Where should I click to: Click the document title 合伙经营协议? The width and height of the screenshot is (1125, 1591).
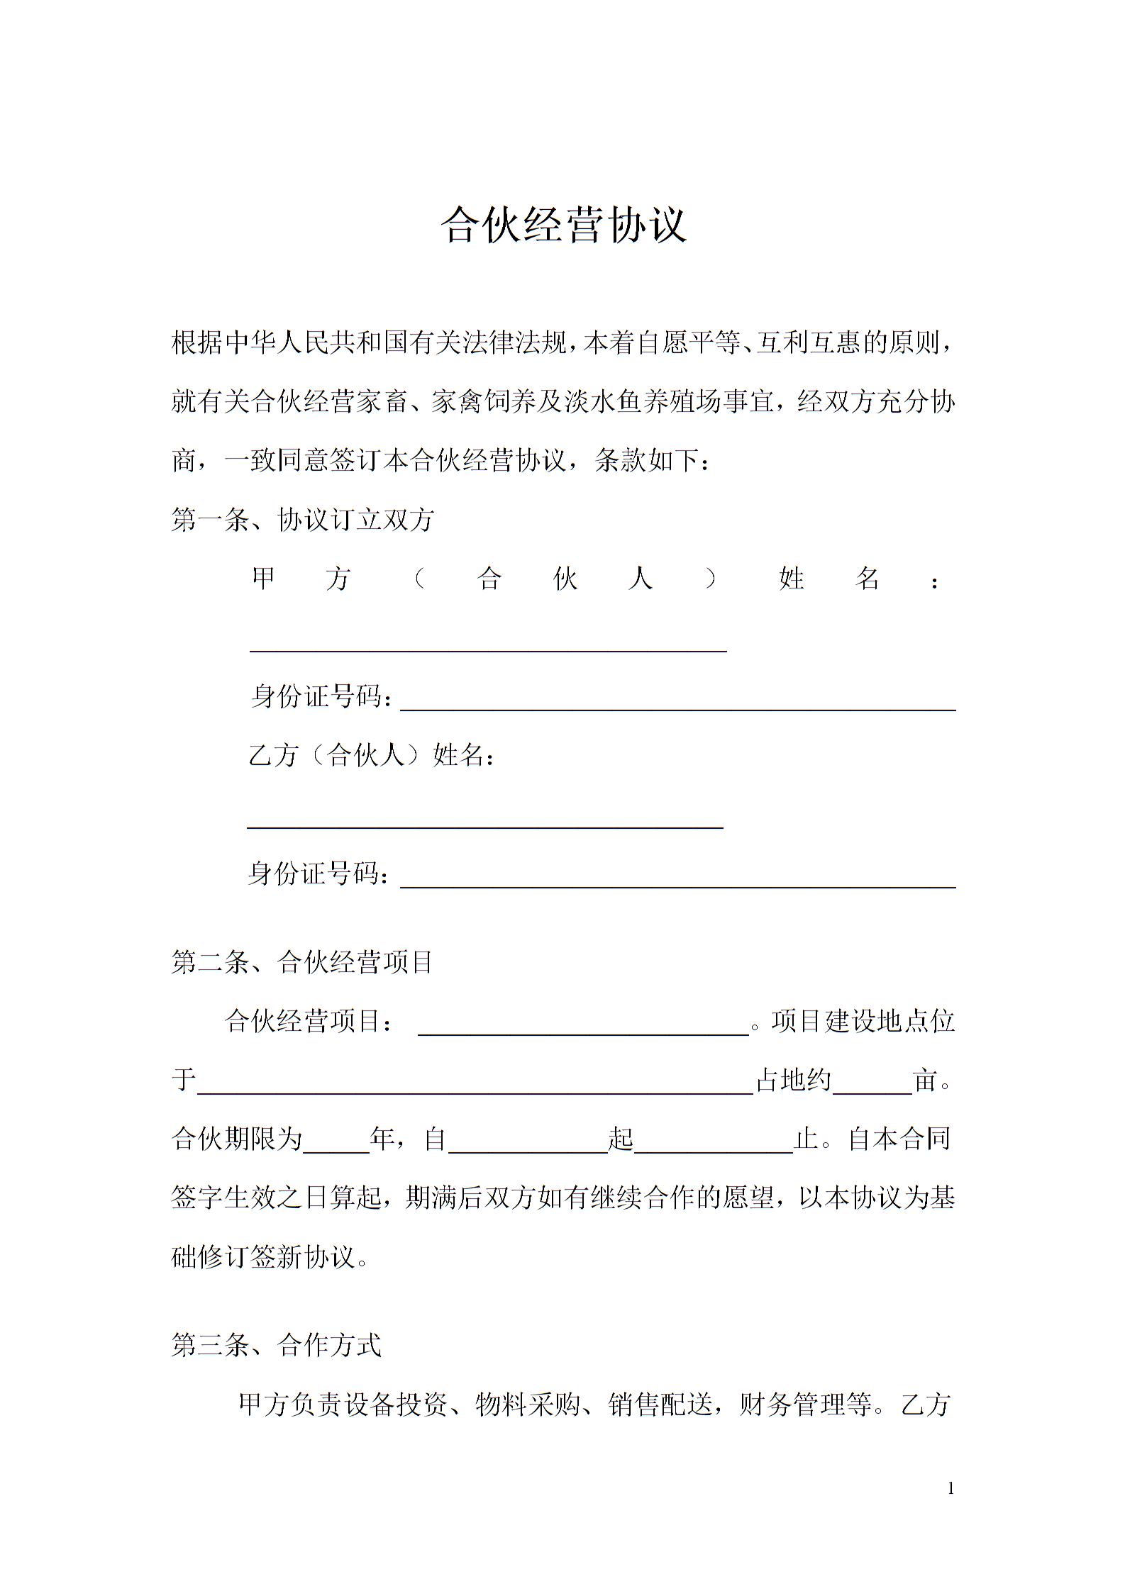564,225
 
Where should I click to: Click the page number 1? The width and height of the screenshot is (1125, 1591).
951,1489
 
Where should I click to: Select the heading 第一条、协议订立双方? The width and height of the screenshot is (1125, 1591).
303,520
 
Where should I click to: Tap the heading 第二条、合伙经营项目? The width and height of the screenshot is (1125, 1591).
303,963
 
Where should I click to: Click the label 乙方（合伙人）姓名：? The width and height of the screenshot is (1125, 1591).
372,756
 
